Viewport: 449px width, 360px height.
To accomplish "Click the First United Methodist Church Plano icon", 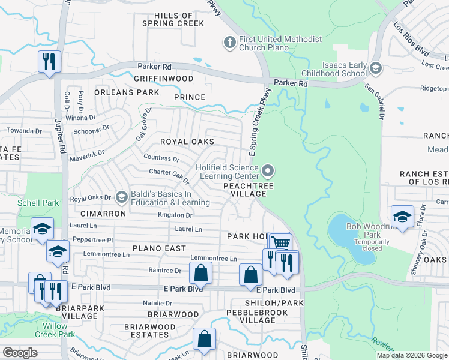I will tap(229, 43).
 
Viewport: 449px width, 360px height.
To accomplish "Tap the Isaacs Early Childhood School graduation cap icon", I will tap(376, 68).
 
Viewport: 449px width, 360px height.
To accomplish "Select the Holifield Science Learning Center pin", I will tap(268, 173).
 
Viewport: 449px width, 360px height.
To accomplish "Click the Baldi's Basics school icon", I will tap(122, 197).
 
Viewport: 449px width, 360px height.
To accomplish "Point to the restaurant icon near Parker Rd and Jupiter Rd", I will tap(49, 61).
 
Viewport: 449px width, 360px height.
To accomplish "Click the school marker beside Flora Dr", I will tap(402, 217).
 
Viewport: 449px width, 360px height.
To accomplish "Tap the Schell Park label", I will tap(38, 203).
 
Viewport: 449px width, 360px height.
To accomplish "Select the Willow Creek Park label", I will tap(55, 330).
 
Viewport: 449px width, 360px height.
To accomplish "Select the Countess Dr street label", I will tap(161, 158).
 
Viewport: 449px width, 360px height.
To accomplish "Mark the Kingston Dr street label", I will tap(175, 215).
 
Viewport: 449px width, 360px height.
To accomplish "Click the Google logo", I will tap(20, 353).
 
